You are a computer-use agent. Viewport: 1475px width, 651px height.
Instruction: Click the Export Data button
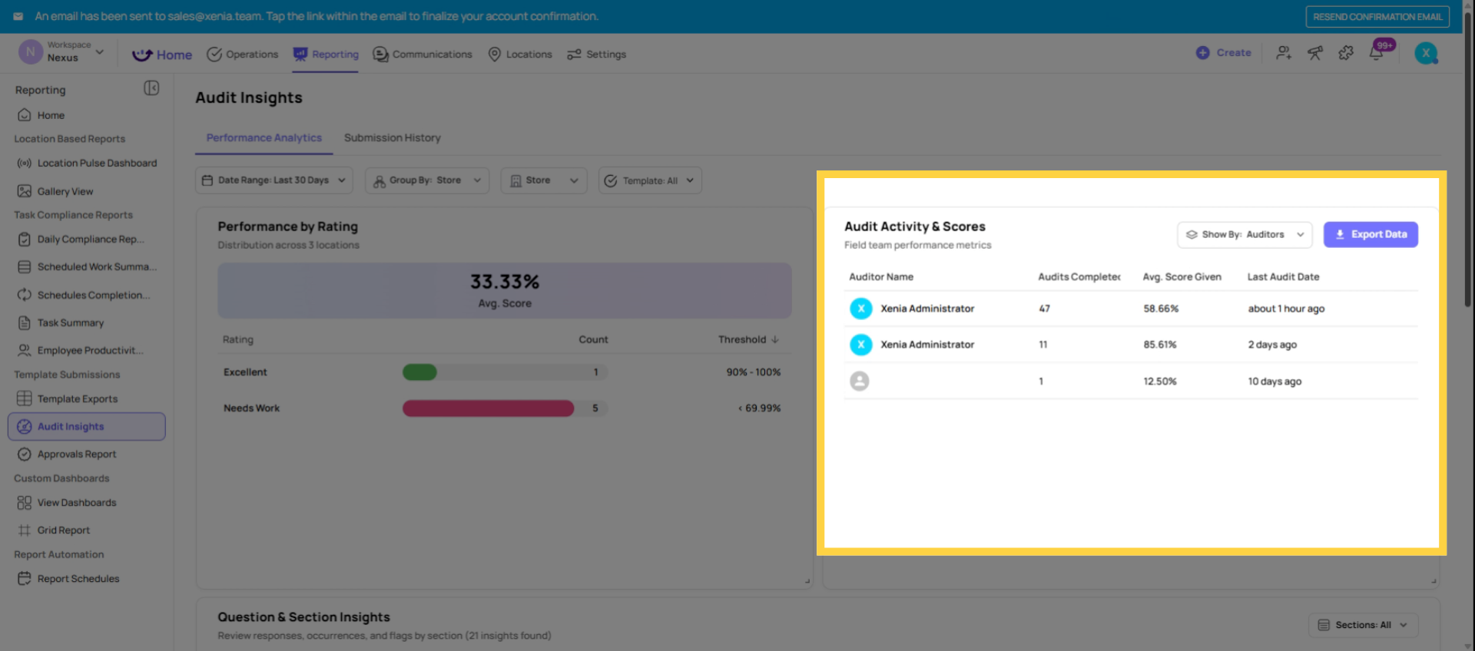1371,234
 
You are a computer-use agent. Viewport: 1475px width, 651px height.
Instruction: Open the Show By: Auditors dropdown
1244,234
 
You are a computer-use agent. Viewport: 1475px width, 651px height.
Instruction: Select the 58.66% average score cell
1160,309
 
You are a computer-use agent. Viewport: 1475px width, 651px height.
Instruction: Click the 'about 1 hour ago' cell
1285,309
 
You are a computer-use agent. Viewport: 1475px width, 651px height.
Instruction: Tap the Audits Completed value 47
1044,309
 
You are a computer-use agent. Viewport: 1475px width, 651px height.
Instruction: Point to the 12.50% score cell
1159,382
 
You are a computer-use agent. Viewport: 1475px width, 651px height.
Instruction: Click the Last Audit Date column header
1282,277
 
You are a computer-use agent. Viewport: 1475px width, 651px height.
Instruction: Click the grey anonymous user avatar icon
859,381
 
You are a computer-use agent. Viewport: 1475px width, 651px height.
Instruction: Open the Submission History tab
392,138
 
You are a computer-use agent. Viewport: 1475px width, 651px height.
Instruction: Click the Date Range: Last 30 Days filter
273,180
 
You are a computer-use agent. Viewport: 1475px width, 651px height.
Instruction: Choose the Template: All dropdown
650,180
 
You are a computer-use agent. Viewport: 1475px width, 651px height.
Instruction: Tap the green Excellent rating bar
419,372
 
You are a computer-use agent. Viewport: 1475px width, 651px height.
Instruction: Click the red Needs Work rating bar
488,408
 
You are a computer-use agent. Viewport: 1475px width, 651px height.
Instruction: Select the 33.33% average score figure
504,283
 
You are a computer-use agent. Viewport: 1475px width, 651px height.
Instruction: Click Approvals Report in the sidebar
76,454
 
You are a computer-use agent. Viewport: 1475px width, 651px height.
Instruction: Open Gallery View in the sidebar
65,191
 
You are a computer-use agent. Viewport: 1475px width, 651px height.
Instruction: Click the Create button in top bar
1224,53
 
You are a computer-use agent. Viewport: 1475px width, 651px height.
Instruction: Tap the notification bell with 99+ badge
1376,53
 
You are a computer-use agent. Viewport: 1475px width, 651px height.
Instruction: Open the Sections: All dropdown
1362,625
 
